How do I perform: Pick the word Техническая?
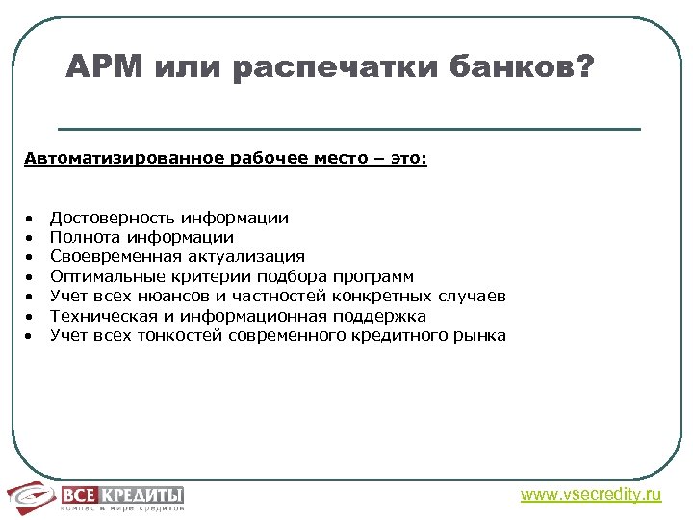click(x=96, y=316)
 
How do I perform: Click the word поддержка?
click(x=379, y=316)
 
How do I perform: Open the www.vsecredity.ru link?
click(x=591, y=495)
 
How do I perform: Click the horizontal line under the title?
click(x=348, y=129)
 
